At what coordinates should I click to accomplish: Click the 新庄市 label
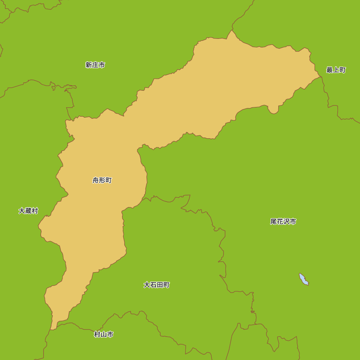pyautogui.click(x=95, y=65)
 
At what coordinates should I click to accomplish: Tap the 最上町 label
pyautogui.click(x=336, y=70)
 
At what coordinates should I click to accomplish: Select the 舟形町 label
pyautogui.click(x=102, y=180)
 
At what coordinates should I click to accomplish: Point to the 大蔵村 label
pyautogui.click(x=28, y=211)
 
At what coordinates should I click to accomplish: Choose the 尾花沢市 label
pyautogui.click(x=283, y=222)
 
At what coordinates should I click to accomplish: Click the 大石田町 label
pyautogui.click(x=157, y=285)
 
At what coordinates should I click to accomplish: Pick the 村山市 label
pyautogui.click(x=104, y=335)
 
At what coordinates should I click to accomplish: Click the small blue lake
pyautogui.click(x=304, y=279)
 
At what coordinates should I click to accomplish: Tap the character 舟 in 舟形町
pyautogui.click(x=96, y=180)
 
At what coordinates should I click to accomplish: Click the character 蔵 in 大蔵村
pyautogui.click(x=28, y=211)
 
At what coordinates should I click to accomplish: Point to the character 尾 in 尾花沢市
pyautogui.click(x=274, y=222)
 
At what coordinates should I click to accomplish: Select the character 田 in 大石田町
pyautogui.click(x=160, y=285)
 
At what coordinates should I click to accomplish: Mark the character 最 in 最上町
pyautogui.click(x=329, y=70)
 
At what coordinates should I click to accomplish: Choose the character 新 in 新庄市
pyautogui.click(x=89, y=65)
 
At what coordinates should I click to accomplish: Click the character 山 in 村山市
pyautogui.click(x=104, y=335)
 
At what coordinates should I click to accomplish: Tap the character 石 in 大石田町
pyautogui.click(x=153, y=285)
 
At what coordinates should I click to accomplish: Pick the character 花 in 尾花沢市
pyautogui.click(x=280, y=222)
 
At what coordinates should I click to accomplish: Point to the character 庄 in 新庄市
pyautogui.click(x=95, y=65)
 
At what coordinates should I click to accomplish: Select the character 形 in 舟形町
pyautogui.click(x=102, y=180)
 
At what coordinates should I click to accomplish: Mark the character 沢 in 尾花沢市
pyautogui.click(x=287, y=222)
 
